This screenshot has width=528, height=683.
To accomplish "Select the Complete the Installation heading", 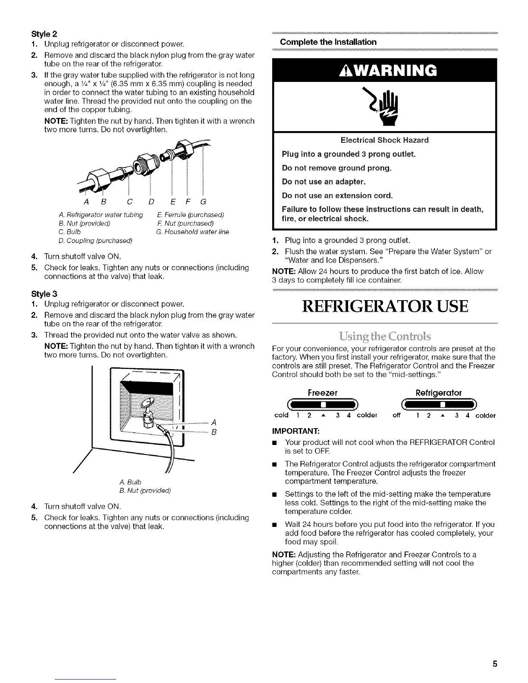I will [x=328, y=42].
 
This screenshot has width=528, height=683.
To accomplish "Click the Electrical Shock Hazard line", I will [x=384, y=140].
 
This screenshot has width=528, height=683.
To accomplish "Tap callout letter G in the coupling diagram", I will [x=204, y=201].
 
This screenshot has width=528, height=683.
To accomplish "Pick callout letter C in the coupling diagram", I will [x=129, y=201].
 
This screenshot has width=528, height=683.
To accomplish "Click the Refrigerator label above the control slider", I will [x=438, y=393].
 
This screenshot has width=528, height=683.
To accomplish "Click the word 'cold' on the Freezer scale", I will [x=281, y=416].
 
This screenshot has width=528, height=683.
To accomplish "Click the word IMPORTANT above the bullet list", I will [x=291, y=430].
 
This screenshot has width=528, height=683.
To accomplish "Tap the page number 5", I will [x=495, y=652].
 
